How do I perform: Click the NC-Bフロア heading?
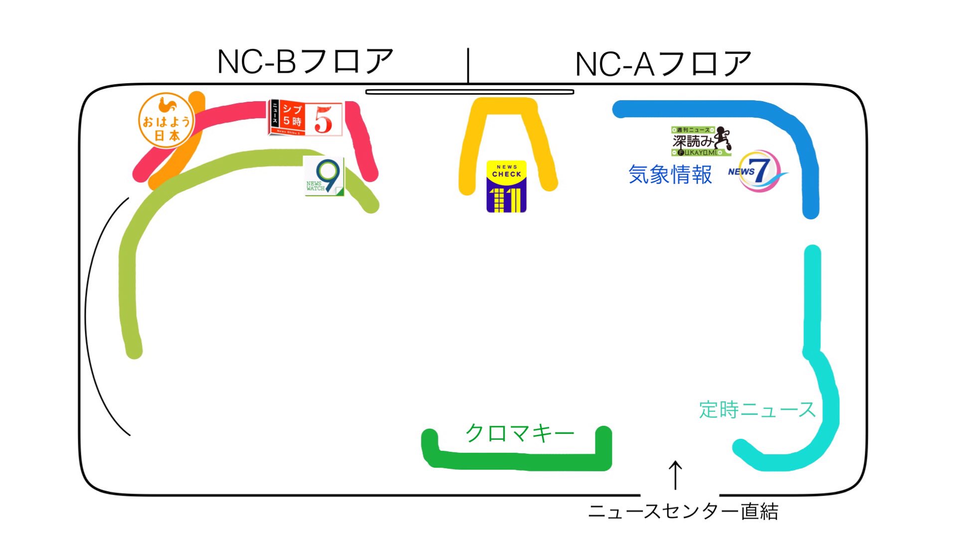[305, 61]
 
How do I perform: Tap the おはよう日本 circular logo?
[166, 121]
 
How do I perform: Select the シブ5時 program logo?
[306, 119]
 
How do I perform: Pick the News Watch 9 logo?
[324, 177]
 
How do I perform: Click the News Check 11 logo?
[506, 186]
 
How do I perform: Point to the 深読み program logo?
[700, 141]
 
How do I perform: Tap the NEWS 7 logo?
[755, 171]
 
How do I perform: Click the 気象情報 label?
[670, 175]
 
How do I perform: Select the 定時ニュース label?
[757, 409]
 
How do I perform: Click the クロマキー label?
[519, 433]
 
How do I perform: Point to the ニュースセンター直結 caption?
[683, 512]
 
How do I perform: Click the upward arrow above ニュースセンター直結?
[675, 474]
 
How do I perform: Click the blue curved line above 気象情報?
[708, 109]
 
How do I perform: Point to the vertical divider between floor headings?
[468, 65]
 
